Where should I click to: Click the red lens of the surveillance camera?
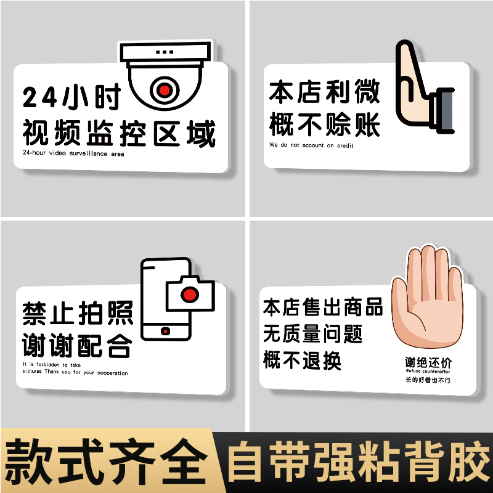pyautogui.click(x=163, y=90)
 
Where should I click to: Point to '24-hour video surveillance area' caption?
pyautogui.click(x=73, y=153)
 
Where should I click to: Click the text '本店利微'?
pyautogui.click(x=324, y=92)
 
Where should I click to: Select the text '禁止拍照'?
pyautogui.click(x=78, y=313)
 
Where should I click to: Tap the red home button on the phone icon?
pyautogui.click(x=165, y=332)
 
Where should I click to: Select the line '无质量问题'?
pyautogui.click(x=312, y=333)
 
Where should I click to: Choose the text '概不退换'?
pyautogui.click(x=302, y=360)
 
